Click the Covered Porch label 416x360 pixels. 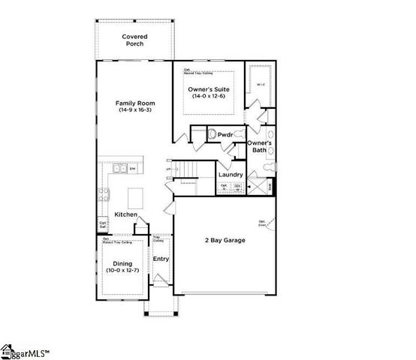(x=134, y=40)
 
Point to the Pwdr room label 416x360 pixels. (x=225, y=136)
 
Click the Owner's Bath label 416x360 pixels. (x=259, y=146)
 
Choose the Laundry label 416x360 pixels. (x=231, y=175)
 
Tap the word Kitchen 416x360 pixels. (x=125, y=215)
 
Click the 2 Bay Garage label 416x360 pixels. (x=225, y=240)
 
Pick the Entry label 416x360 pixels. (x=161, y=259)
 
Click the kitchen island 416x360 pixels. (x=136, y=199)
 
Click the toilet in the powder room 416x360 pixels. (x=213, y=134)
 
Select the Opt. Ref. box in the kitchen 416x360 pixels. (x=103, y=224)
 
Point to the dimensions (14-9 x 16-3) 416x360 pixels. (x=135, y=110)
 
